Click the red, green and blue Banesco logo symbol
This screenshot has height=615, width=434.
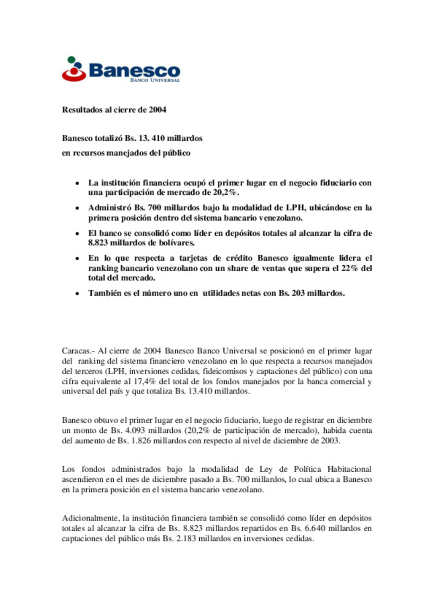click(x=74, y=69)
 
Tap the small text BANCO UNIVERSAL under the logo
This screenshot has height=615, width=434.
click(x=155, y=80)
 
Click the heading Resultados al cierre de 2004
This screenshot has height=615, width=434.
click(x=114, y=109)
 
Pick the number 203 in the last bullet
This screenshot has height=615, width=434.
click(x=298, y=293)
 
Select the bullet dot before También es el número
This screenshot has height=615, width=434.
click(x=77, y=294)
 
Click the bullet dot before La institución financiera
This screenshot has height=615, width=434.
click(x=77, y=184)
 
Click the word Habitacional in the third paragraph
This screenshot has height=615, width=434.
click(x=349, y=469)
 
